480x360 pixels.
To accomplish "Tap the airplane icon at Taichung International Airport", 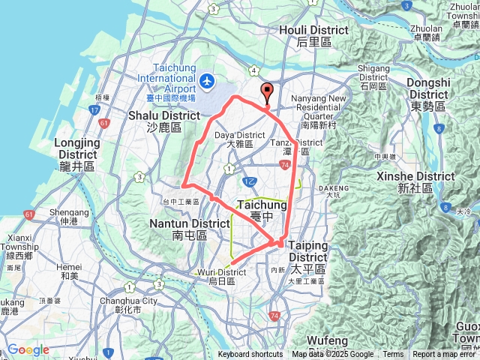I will (x=208, y=79).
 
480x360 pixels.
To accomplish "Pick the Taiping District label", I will (x=308, y=251).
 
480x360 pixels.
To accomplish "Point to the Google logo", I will (x=28, y=349).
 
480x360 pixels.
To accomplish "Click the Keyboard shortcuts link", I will (x=250, y=355).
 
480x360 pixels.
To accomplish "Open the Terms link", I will (x=393, y=355).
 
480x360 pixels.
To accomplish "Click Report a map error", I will (x=444, y=355).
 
